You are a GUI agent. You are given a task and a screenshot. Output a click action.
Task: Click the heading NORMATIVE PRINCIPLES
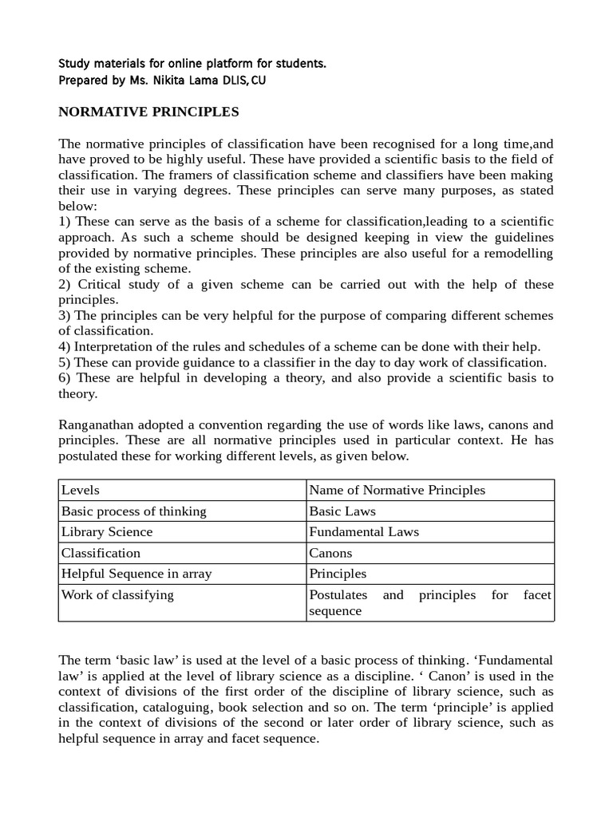pos(148,112)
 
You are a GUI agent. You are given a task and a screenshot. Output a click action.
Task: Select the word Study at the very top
pos(76,63)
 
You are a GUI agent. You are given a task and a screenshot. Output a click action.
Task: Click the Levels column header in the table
pos(81,490)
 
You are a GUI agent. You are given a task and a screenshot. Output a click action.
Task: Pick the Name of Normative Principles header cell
pos(397,490)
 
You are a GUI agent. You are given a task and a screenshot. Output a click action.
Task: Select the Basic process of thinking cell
pos(134,511)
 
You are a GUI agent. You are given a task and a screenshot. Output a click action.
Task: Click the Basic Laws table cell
pos(342,511)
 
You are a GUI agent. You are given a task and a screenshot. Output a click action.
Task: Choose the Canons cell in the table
pos(330,552)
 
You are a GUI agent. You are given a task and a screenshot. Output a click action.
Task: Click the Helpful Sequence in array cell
pos(136,573)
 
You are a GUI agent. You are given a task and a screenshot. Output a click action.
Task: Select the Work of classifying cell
pos(117,594)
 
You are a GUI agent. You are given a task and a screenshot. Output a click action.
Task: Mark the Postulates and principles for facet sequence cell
pos(430,602)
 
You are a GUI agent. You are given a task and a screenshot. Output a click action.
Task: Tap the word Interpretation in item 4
pos(111,346)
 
